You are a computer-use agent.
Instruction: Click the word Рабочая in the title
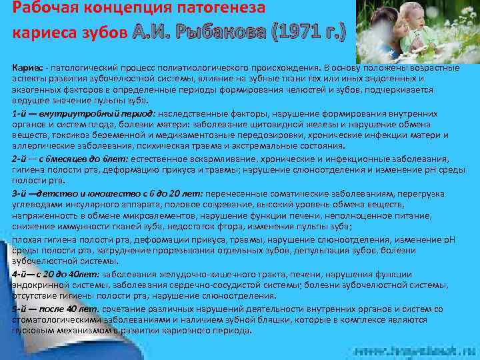tap(41, 9)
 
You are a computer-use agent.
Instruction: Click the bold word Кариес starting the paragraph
tap(25, 67)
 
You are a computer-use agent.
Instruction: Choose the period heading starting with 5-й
tap(56, 309)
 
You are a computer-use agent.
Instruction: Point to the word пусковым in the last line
tap(33, 329)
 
